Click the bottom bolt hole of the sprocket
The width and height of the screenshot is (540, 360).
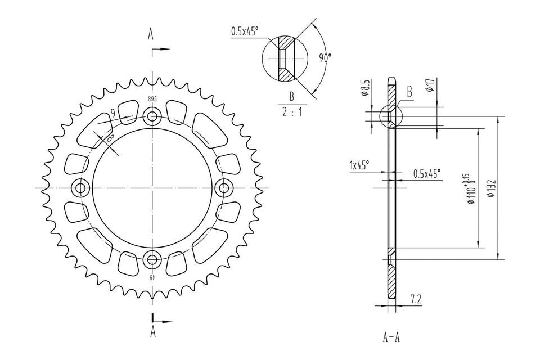pos(152,259)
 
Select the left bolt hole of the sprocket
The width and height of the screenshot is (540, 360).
pos(80,188)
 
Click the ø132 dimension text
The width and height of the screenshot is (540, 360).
pos(491,189)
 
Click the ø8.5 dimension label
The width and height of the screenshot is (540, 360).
pos(366,89)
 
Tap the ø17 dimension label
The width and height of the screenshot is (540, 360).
pos(430,85)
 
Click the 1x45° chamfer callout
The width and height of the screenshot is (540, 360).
pos(359,165)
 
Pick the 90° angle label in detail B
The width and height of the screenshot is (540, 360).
pos(325,58)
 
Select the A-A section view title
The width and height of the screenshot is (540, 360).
pos(391,337)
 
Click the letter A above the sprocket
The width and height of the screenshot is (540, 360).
pos(151,34)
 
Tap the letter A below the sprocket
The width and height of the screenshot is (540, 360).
pos(152,332)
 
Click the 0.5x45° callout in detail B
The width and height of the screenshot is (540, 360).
pos(244,31)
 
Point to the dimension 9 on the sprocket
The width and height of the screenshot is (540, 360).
pos(113,113)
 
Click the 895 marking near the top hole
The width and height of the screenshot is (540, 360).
pos(152,99)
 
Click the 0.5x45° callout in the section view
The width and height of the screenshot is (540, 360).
pos(427,173)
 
